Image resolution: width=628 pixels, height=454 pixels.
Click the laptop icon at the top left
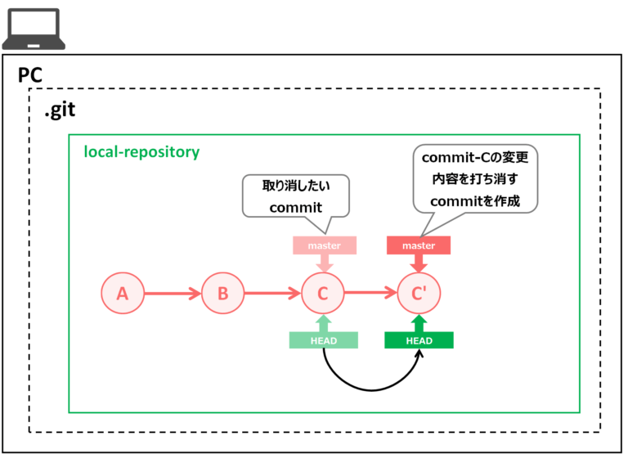click(31, 29)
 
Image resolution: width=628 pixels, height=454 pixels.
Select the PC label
click(30, 75)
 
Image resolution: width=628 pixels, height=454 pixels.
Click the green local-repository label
click(141, 152)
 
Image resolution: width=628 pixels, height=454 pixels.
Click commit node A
click(123, 293)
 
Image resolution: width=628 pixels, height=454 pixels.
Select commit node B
click(223, 293)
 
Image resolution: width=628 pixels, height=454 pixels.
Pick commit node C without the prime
click(323, 293)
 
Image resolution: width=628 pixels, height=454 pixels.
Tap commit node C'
click(419, 293)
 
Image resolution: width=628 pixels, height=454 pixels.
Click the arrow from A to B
click(173, 293)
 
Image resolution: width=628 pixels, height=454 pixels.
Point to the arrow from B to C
click(273, 293)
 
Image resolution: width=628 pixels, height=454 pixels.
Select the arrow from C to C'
click(370, 291)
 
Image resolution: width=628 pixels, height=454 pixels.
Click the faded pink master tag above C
click(324, 245)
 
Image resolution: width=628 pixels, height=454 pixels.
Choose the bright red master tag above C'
click(419, 245)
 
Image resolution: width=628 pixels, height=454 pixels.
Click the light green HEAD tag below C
click(324, 340)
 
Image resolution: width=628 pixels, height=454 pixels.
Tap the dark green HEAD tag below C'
click(419, 340)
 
